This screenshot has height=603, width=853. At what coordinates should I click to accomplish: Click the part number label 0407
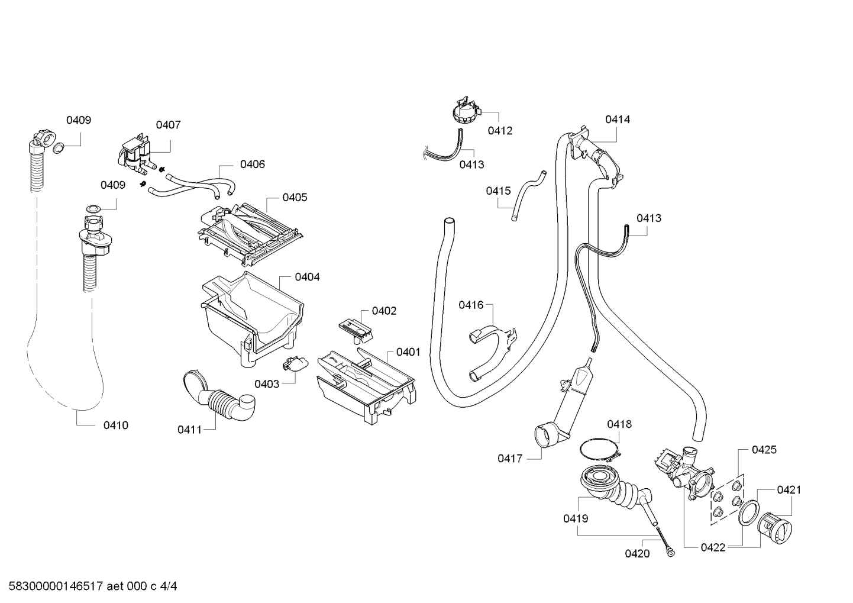tap(169, 125)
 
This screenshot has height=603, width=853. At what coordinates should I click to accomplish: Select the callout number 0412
tap(500, 131)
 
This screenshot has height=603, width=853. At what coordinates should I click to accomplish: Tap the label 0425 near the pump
tap(764, 450)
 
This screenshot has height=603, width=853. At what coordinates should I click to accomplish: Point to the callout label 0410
tap(116, 425)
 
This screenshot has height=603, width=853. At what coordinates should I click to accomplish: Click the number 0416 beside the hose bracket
tap(471, 305)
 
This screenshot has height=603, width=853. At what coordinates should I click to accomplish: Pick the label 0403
tap(267, 385)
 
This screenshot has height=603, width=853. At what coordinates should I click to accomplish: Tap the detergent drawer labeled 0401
tap(366, 385)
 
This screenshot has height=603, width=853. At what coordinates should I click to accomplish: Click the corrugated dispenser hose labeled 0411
tap(219, 396)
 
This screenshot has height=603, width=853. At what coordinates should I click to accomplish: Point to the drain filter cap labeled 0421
tap(774, 528)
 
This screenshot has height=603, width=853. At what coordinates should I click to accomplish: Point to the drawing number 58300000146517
tap(56, 586)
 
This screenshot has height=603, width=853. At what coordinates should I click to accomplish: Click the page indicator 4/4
tap(168, 586)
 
